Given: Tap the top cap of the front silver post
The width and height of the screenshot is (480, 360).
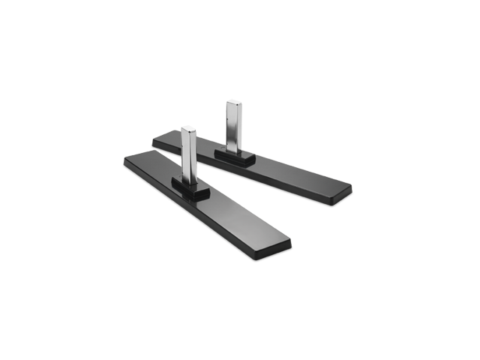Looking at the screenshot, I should point(188,129).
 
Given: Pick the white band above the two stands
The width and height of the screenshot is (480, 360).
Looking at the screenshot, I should point(240,75).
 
